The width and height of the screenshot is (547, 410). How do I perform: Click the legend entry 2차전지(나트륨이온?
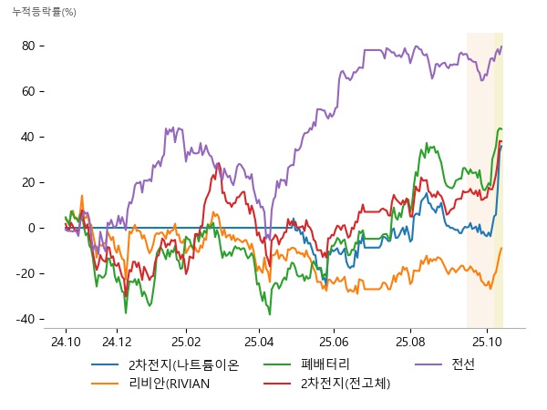point(183,365)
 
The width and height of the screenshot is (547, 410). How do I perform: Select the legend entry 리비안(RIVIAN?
point(170,383)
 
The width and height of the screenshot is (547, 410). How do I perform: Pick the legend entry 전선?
point(463,365)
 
